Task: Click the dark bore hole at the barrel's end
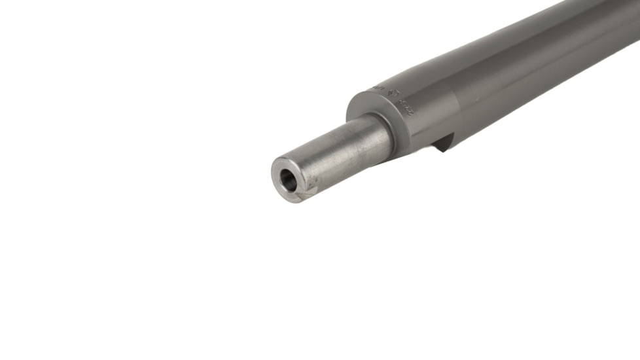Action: pyautogui.click(x=288, y=179)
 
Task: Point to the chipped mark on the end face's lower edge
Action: pyautogui.click(x=302, y=194)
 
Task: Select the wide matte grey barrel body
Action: pyautogui.click(x=497, y=79)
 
